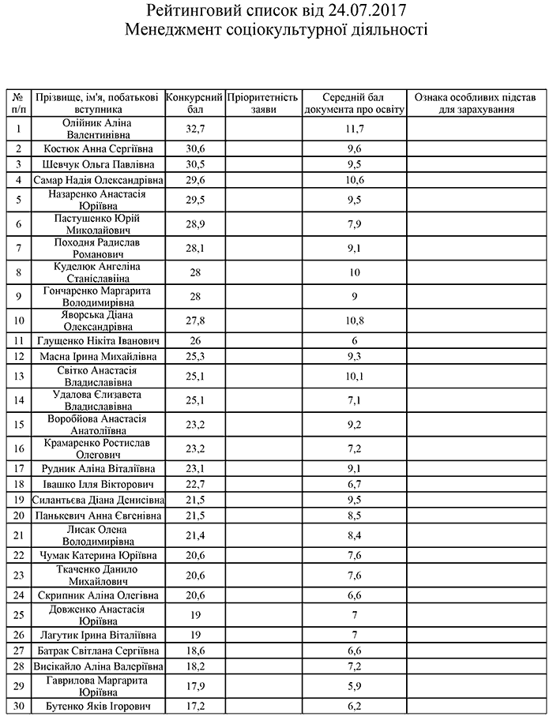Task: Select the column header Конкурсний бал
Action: click(195, 103)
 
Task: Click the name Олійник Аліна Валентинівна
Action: click(97, 129)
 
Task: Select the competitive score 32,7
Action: click(195, 129)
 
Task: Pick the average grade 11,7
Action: click(355, 129)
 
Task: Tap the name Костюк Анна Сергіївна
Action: click(97, 148)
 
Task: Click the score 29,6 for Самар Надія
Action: click(195, 180)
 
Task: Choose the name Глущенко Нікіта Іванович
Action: click(97, 340)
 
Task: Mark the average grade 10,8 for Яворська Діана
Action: click(355, 321)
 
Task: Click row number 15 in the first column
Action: click(18, 424)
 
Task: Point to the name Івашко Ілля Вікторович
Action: click(97, 484)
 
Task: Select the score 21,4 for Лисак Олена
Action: click(195, 536)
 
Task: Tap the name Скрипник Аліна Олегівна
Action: click(97, 594)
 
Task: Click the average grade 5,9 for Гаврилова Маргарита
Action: click(355, 685)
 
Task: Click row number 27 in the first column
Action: click(18, 651)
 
